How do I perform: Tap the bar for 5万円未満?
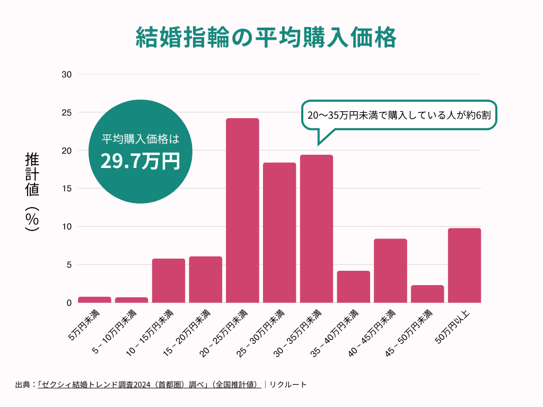pos(94,300)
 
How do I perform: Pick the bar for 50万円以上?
pos(464,265)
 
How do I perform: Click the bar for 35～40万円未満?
pos(353,287)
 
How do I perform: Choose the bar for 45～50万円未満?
pos(427,294)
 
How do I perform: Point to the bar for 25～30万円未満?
pos(279,233)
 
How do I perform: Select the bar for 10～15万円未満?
pos(169,280)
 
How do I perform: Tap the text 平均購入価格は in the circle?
pos(140,139)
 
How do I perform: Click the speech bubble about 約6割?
pos(400,114)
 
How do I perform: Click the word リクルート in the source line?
pos(288,385)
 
